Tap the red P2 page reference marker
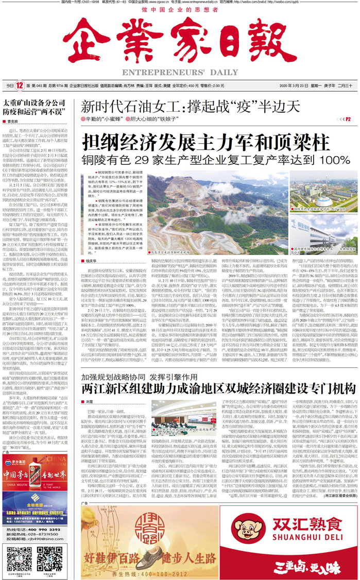pyautogui.click(x=348, y=118)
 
